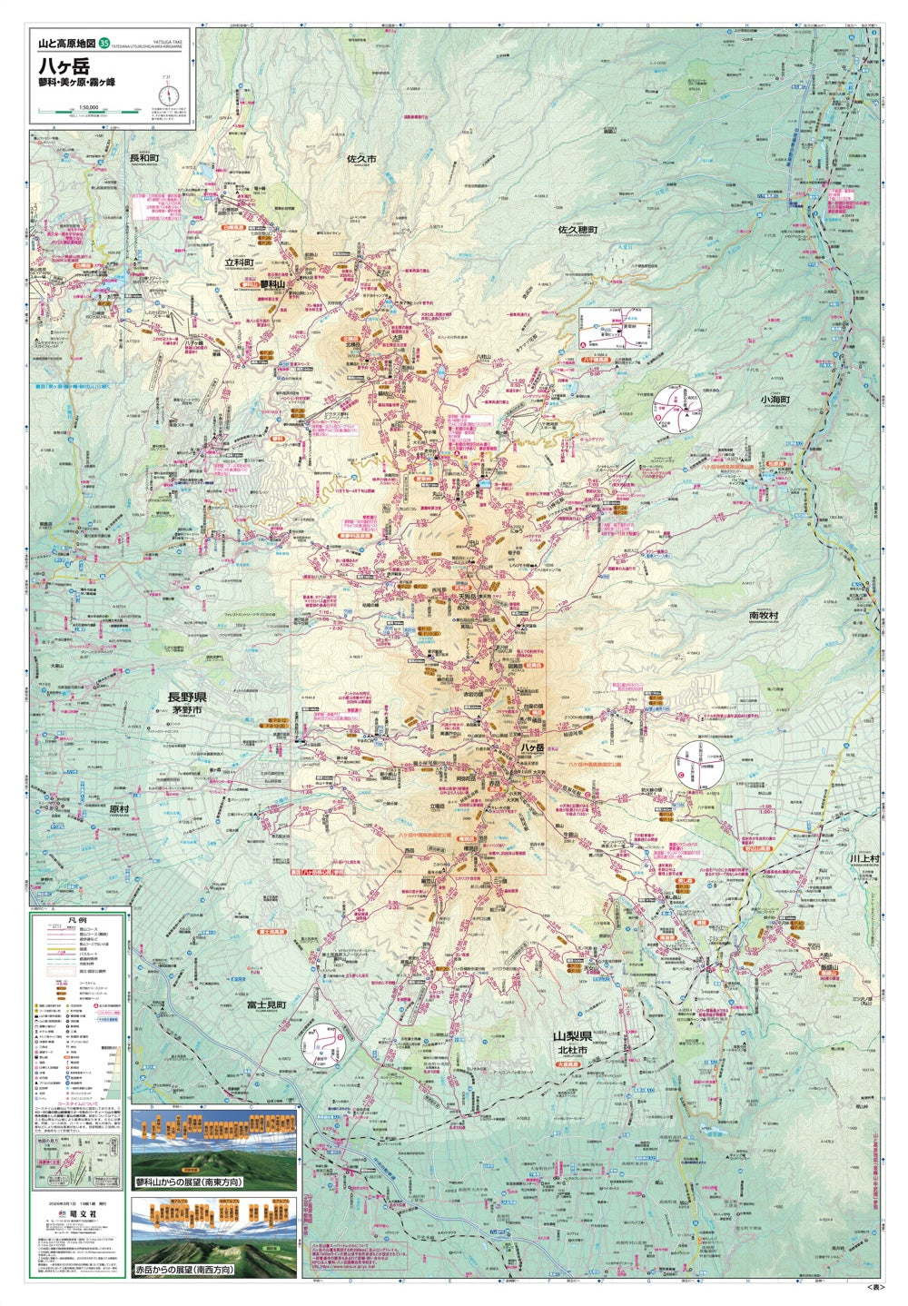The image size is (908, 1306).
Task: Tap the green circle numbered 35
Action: (x=104, y=43)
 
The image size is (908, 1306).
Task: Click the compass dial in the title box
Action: (x=166, y=94)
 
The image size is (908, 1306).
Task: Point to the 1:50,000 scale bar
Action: (x=88, y=113)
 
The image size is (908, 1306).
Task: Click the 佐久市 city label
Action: (x=361, y=159)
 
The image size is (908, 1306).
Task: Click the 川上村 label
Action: (x=864, y=857)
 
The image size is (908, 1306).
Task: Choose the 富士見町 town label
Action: (x=266, y=1005)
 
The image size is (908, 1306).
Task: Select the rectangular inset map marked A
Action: (x=615, y=328)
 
